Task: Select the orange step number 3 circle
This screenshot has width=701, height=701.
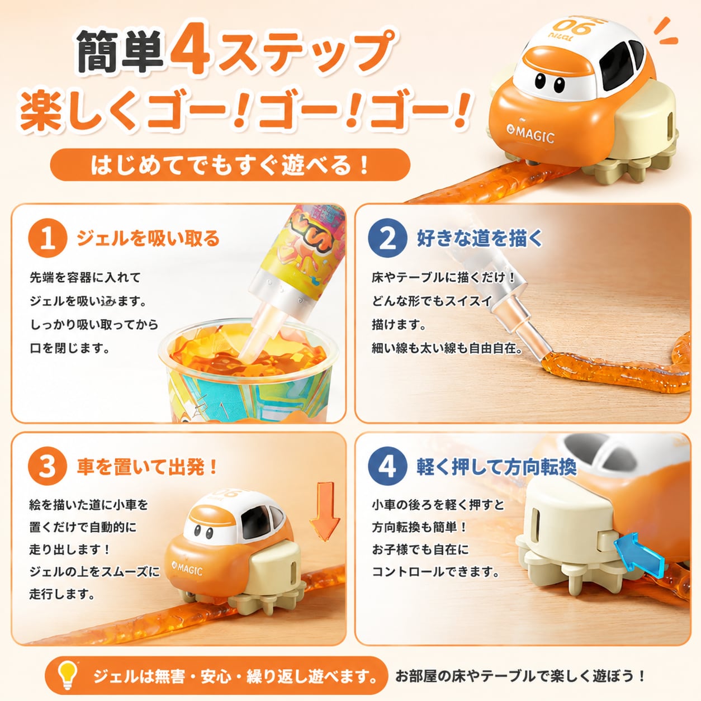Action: (48, 467)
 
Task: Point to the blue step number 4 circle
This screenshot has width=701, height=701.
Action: (387, 467)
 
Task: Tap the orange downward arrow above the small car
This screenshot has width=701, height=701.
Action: (324, 512)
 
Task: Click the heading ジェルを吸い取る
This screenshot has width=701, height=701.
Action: (148, 239)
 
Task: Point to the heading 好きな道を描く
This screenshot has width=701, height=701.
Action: (480, 239)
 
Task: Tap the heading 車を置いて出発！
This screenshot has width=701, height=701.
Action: (147, 467)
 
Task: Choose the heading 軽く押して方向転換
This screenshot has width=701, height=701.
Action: (496, 467)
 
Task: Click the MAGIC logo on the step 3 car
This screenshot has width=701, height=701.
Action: (187, 569)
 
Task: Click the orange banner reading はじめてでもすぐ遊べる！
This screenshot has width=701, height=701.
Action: (230, 165)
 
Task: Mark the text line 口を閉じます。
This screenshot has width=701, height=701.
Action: (70, 348)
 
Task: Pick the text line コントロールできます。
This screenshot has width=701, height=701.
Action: (435, 572)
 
